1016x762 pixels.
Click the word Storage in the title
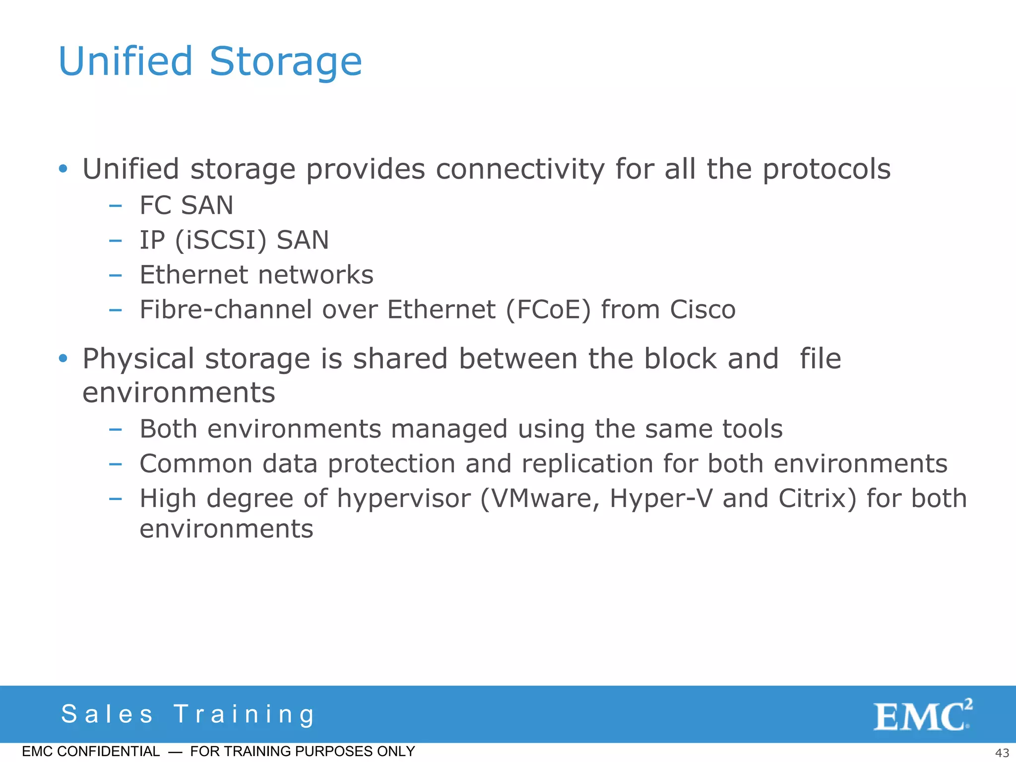286,62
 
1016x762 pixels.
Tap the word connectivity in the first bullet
520,170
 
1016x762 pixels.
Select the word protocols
826,170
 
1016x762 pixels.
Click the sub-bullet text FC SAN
186,205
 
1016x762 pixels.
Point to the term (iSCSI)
221,241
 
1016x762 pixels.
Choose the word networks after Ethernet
316,275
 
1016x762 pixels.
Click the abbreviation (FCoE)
548,310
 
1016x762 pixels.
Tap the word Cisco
702,310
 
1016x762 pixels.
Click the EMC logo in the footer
922,715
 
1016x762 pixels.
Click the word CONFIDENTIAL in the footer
108,752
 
